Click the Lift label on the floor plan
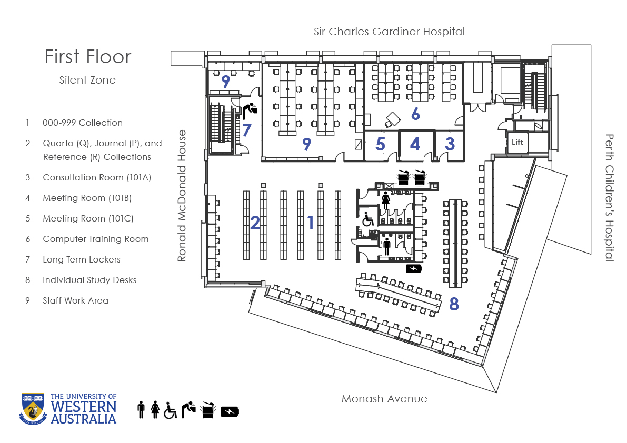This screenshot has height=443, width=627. (517, 142)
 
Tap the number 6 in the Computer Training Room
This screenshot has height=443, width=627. (415, 114)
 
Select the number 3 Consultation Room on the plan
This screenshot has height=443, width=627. (450, 144)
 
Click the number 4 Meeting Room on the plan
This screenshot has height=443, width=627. (415, 144)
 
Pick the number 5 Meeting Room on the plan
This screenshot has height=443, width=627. (380, 144)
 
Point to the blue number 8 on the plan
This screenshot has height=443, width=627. (454, 305)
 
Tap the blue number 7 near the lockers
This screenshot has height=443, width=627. (247, 130)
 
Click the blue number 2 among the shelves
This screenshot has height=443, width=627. (255, 223)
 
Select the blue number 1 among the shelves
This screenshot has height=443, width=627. (311, 223)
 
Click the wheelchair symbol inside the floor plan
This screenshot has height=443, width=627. (368, 219)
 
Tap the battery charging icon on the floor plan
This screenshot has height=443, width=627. (413, 268)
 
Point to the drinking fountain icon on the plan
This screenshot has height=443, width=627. (250, 110)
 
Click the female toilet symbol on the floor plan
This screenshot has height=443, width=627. (385, 200)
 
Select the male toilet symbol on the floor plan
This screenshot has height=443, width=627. (387, 246)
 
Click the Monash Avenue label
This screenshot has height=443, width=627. (384, 399)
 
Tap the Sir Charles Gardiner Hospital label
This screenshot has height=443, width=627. (389, 32)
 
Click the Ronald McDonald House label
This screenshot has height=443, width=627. (182, 196)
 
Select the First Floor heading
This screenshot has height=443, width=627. (87, 57)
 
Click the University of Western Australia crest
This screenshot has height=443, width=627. (33, 409)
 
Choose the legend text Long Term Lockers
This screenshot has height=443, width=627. (82, 260)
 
